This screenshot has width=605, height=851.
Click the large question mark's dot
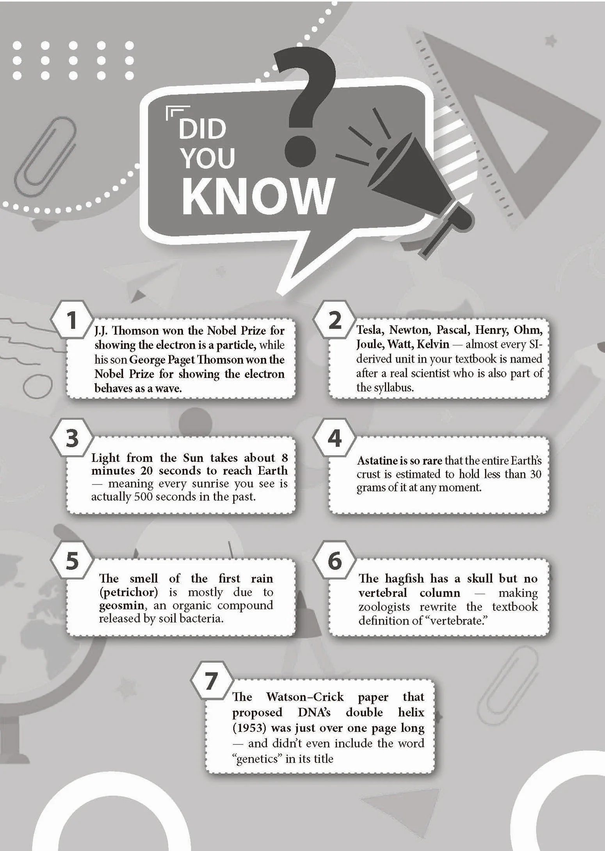[x=300, y=151]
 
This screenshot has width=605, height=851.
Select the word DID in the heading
[x=203, y=129]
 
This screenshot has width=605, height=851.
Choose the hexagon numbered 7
[x=211, y=680]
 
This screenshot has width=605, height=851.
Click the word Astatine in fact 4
[x=377, y=461]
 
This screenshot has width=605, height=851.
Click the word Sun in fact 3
[x=194, y=458]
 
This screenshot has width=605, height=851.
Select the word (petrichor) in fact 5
[x=128, y=592]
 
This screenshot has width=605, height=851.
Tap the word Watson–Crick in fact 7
[x=305, y=696]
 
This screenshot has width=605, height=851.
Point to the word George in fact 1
[x=148, y=360]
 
